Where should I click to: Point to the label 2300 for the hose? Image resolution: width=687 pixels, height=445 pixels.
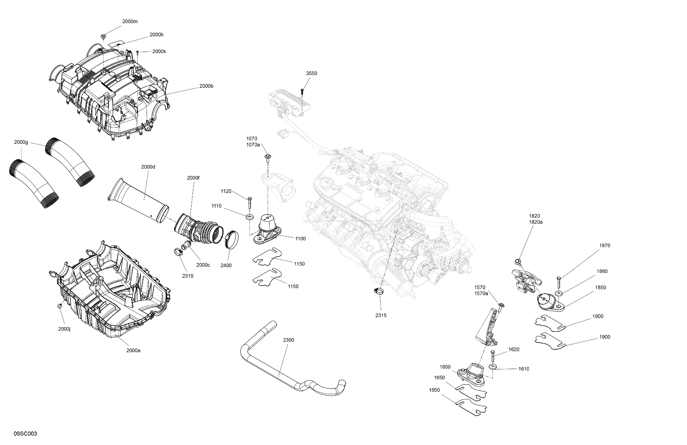[288, 340]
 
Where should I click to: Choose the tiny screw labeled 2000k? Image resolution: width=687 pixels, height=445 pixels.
[138, 52]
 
